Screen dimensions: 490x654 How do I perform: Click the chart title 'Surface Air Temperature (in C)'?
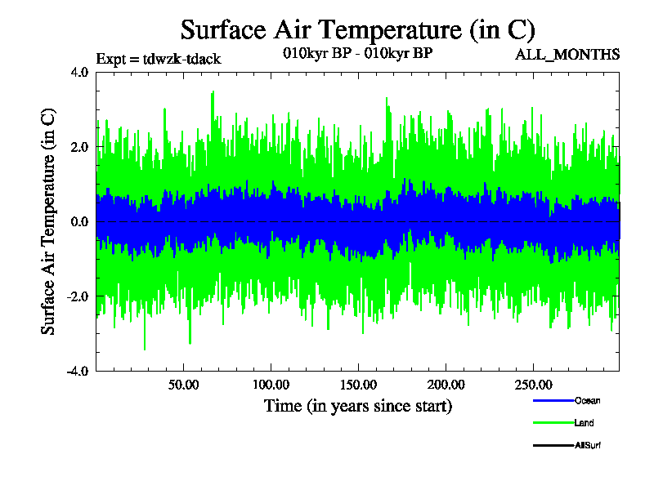pyautogui.click(x=357, y=29)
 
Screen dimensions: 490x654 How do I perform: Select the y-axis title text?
pyautogui.click(x=49, y=220)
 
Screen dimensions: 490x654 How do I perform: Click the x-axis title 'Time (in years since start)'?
pyautogui.click(x=357, y=405)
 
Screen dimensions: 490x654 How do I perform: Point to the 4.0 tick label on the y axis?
pyautogui.click(x=78, y=72)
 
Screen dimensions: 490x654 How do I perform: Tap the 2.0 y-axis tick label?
pyautogui.click(x=78, y=147)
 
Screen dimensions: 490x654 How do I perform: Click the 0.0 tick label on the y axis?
pyautogui.click(x=78, y=221)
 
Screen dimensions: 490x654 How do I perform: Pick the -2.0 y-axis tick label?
pyautogui.click(x=77, y=296)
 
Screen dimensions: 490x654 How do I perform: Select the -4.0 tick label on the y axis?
pyautogui.click(x=77, y=371)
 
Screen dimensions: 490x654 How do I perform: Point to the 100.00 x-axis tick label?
pyautogui.click(x=271, y=385)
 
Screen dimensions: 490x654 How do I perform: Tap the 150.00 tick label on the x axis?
pyautogui.click(x=358, y=385)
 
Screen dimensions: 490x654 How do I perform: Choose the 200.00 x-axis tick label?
pyautogui.click(x=445, y=385)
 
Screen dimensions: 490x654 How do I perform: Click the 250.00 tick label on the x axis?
pyautogui.click(x=532, y=385)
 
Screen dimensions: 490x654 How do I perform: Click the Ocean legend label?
pyautogui.click(x=587, y=401)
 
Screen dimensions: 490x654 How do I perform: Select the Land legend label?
pyautogui.click(x=584, y=423)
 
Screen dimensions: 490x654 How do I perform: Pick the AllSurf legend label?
pyautogui.click(x=589, y=445)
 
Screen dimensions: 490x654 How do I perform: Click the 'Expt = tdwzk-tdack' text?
pyautogui.click(x=159, y=59)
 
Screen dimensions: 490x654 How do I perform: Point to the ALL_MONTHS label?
pyautogui.click(x=567, y=55)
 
